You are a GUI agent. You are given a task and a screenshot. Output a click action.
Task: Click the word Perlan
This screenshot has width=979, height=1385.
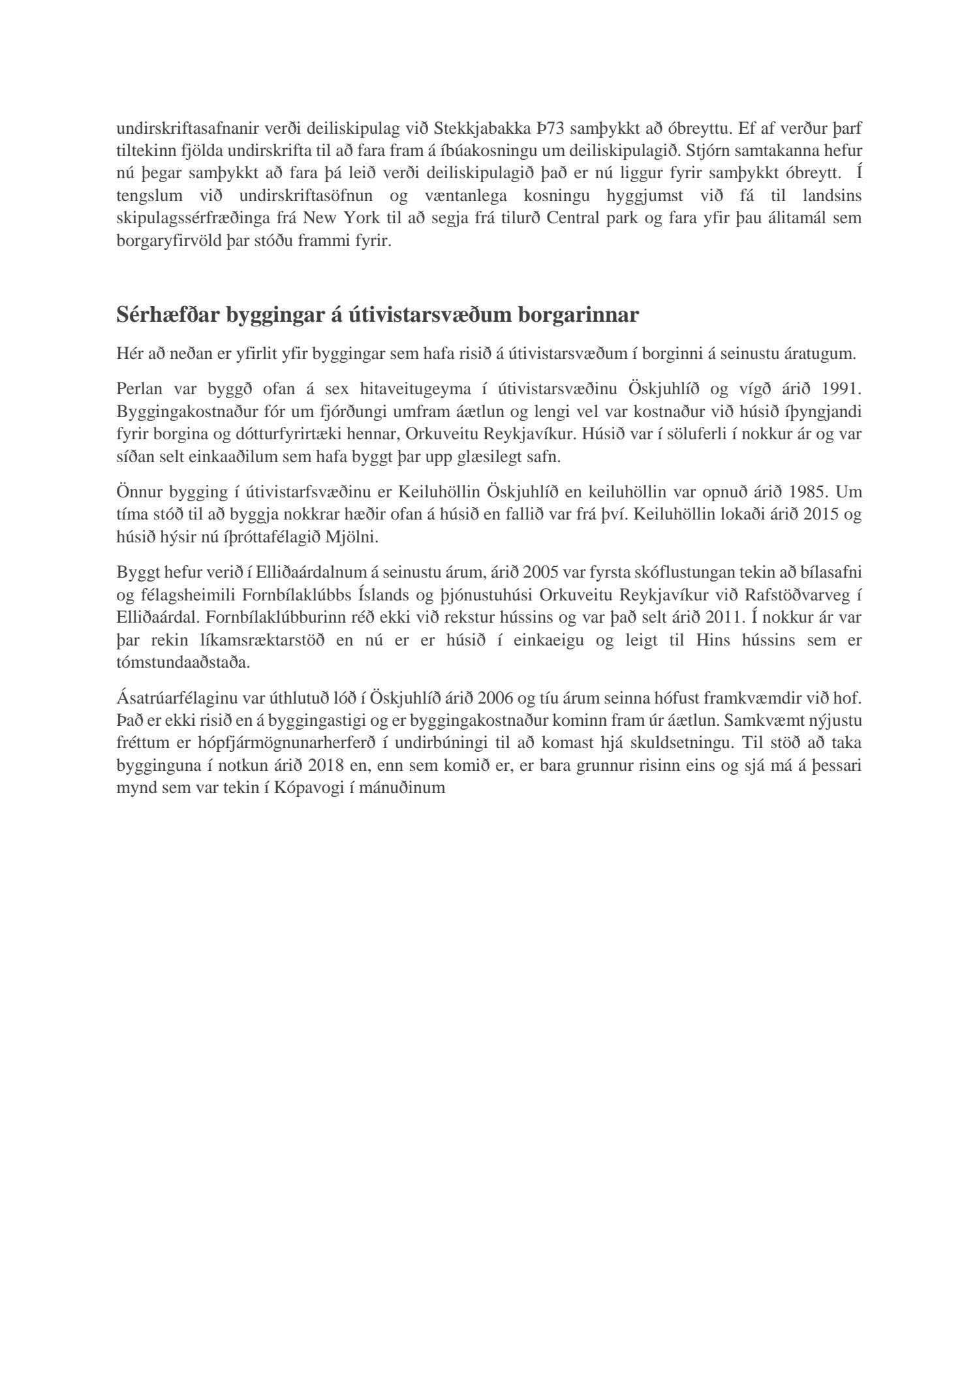139,389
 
